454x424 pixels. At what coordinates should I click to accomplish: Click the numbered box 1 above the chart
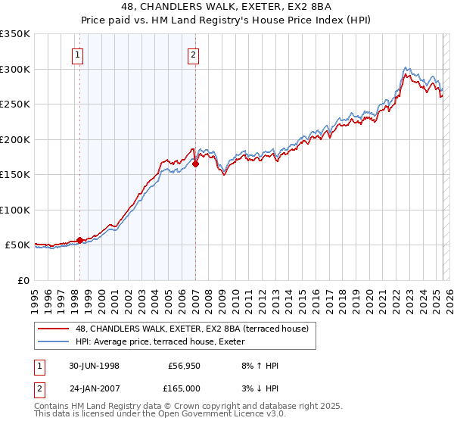click(79, 54)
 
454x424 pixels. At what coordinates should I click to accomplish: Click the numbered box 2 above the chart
click(194, 54)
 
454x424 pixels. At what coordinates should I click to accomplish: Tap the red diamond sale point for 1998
click(79, 240)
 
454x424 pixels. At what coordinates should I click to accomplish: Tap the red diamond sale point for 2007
click(195, 163)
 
